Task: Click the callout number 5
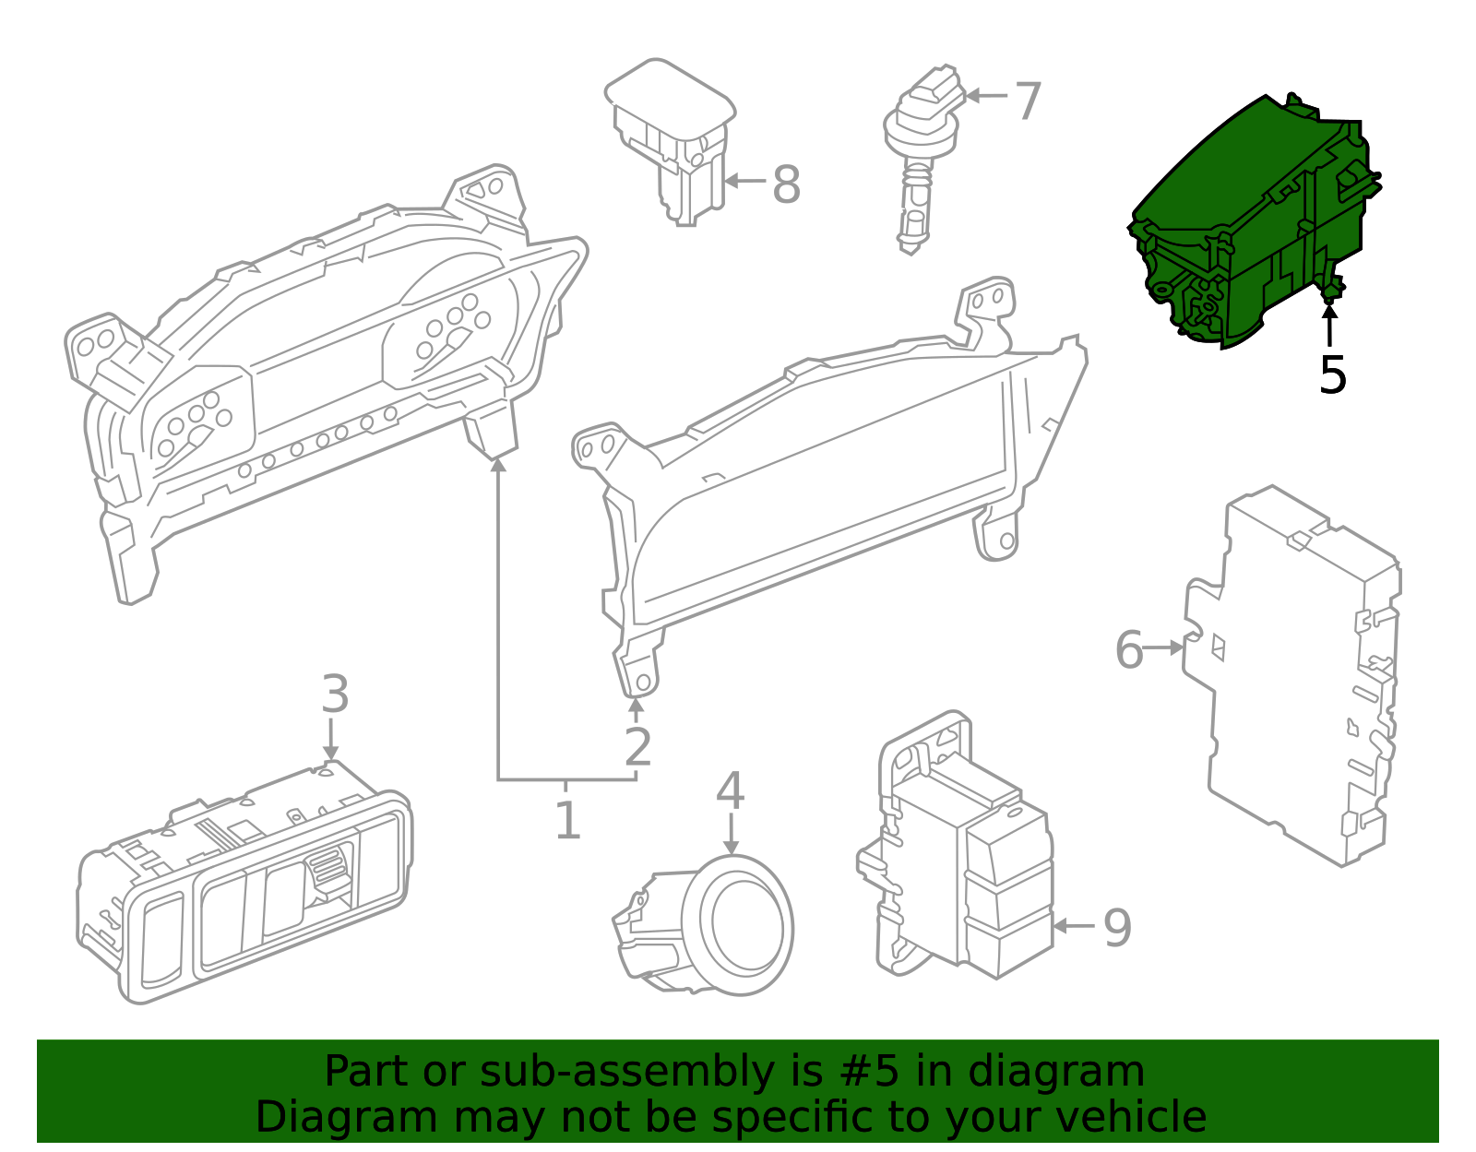pos(1332,375)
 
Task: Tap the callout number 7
pos(1028,101)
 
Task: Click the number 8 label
pos(786,184)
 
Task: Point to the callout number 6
pos(1129,650)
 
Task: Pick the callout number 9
pos(1117,928)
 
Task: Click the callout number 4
pos(730,790)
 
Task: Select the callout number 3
pos(335,694)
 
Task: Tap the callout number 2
pos(637,747)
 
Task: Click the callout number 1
pos(567,820)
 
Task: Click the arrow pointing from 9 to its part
pos(1072,926)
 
